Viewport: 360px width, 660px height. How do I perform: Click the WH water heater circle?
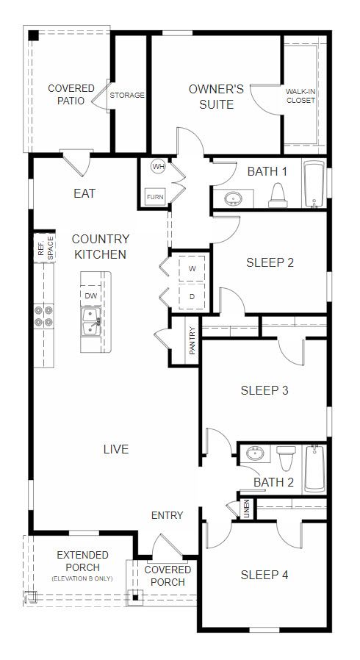[158, 167]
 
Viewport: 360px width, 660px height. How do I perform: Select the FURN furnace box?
[155, 197]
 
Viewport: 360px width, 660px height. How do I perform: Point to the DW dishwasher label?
[90, 296]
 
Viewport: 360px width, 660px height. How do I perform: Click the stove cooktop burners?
[44, 316]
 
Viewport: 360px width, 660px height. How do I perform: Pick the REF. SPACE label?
[46, 248]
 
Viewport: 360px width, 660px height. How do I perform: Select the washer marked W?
[192, 268]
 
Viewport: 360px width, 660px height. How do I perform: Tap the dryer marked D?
[192, 296]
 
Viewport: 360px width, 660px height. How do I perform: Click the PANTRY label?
[192, 340]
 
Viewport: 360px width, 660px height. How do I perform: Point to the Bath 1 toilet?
[278, 196]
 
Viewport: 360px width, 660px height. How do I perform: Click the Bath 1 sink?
[233, 198]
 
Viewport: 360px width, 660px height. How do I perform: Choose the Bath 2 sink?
[255, 453]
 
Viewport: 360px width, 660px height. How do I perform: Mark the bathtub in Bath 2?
[314, 468]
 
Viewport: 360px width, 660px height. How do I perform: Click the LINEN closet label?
[247, 509]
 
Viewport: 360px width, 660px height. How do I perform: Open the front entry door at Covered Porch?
[168, 549]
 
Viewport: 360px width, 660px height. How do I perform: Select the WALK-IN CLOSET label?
[300, 96]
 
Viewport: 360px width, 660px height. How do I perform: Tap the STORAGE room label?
[127, 95]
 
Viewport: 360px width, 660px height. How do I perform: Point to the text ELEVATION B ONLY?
[82, 578]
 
